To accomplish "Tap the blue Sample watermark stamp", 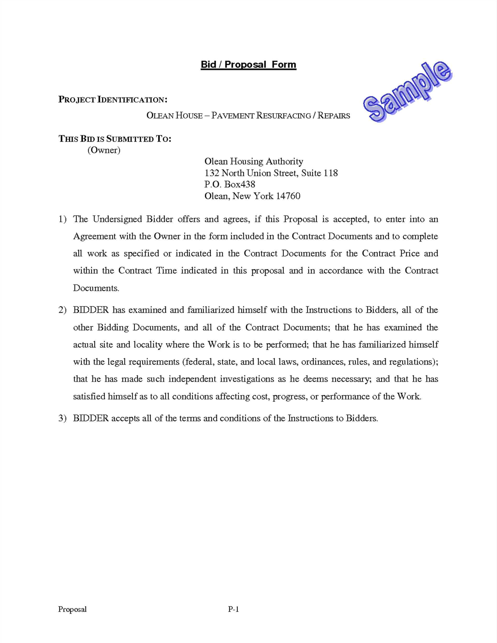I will pyautogui.click(x=408, y=92).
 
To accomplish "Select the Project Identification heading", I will pyautogui.click(x=113, y=100).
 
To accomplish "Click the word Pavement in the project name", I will pyautogui.click(x=233, y=116).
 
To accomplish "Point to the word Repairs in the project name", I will pyautogui.click(x=334, y=116).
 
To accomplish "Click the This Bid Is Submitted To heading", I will pyautogui.click(x=115, y=139).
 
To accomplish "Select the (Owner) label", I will pyautogui.click(x=104, y=150).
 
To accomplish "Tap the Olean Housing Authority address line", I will pyautogui.click(x=253, y=161).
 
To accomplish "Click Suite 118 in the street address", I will pyautogui.click(x=319, y=173).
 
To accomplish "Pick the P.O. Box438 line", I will pyautogui.click(x=230, y=184).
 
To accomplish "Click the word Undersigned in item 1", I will pyautogui.click(x=117, y=219).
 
